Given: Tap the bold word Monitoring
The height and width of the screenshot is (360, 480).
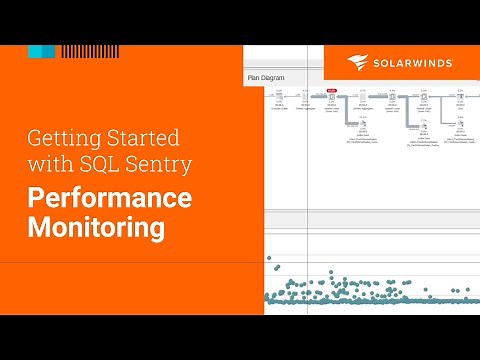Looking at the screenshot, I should (x=96, y=227).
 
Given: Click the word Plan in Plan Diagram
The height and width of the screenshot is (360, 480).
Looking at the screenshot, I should (x=256, y=76).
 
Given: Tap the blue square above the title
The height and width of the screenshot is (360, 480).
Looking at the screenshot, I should (x=41, y=51).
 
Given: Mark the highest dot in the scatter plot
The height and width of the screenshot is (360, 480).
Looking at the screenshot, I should (x=269, y=257).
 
